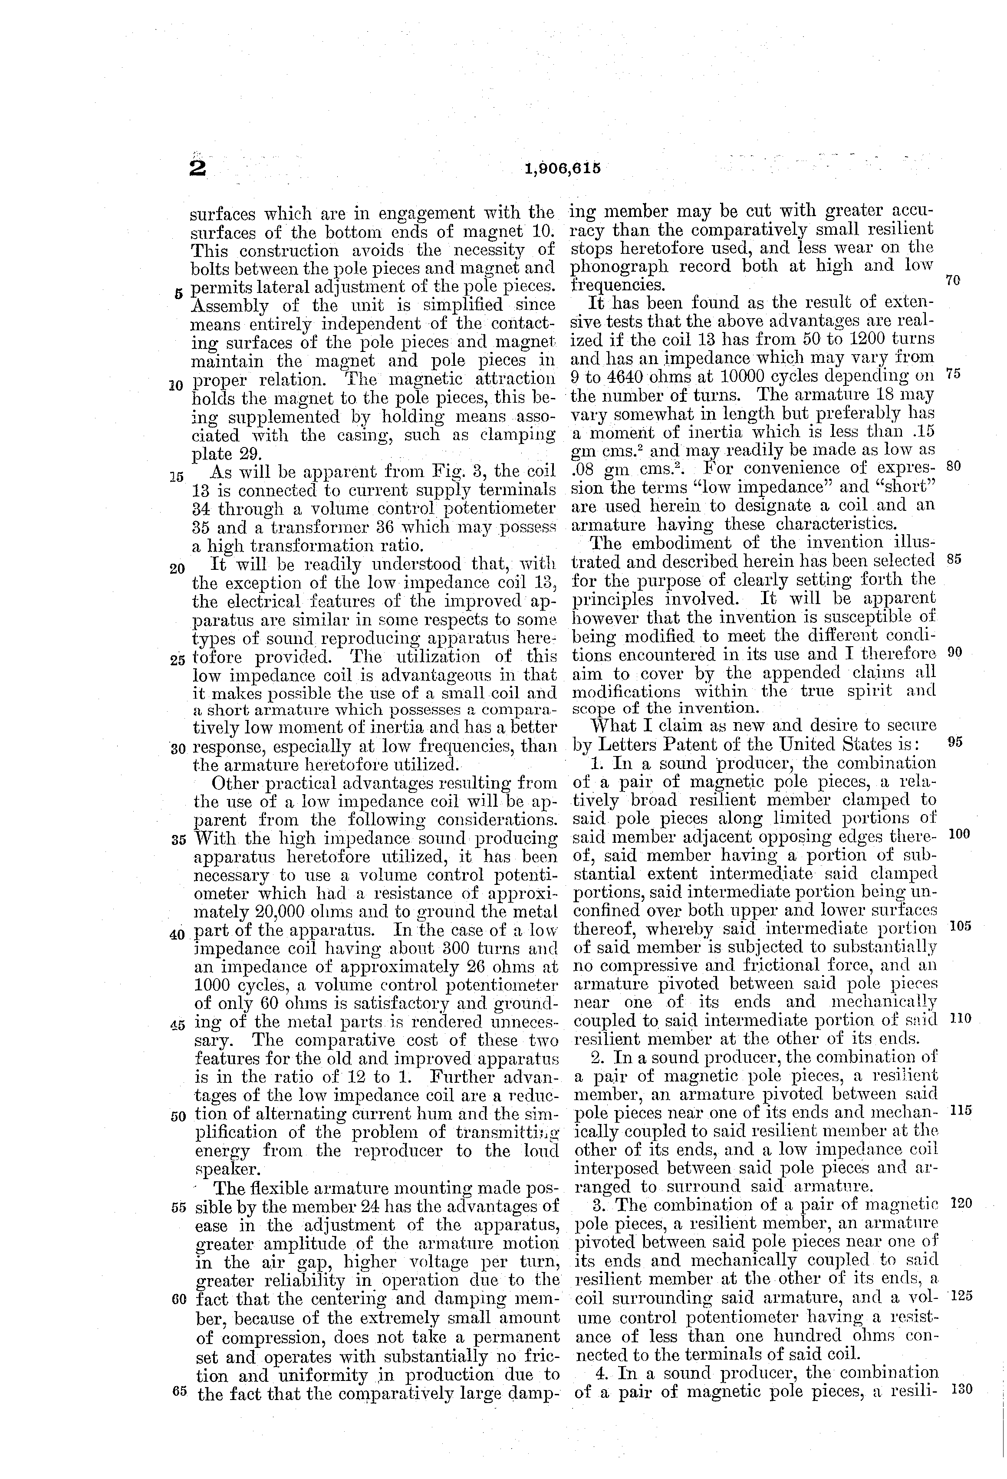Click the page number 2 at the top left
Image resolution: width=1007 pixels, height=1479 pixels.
(198, 169)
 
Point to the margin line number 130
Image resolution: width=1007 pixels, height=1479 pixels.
(961, 1390)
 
